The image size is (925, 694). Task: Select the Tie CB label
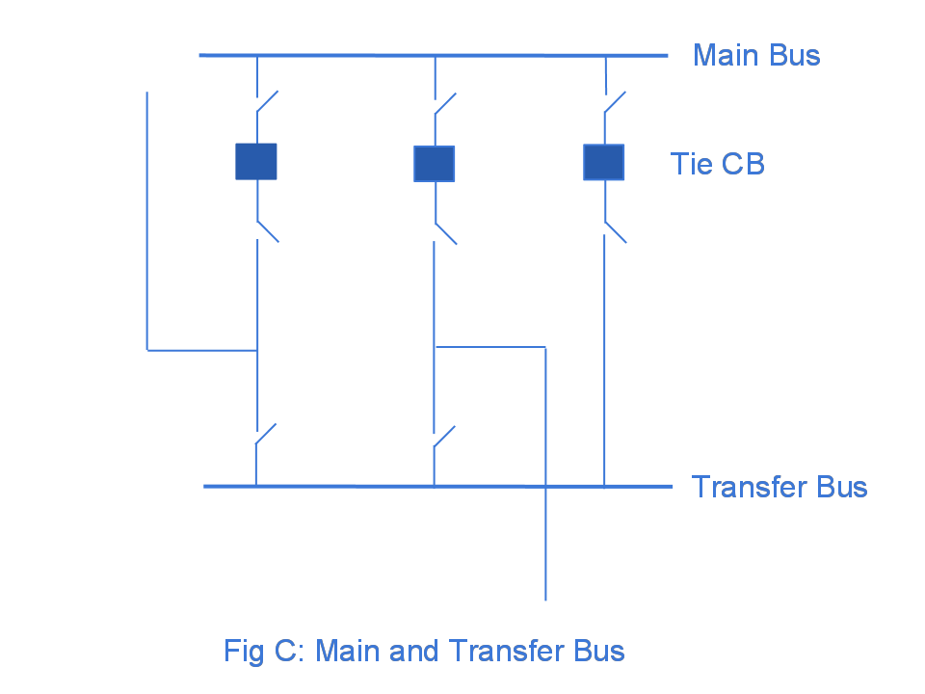(x=717, y=164)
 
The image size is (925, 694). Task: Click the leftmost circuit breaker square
(x=256, y=162)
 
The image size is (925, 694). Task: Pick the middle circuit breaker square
(x=435, y=164)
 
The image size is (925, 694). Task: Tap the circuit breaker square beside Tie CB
(x=604, y=162)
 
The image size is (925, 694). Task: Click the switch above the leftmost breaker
(x=267, y=102)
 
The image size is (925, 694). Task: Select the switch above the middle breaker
(x=444, y=104)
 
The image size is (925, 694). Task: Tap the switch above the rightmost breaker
(x=615, y=102)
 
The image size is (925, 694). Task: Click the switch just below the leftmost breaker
(x=267, y=230)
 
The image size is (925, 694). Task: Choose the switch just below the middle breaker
(x=445, y=233)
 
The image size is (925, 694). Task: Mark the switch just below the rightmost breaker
(x=615, y=232)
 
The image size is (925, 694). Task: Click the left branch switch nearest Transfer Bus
(x=266, y=435)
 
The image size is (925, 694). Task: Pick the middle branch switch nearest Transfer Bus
(x=444, y=437)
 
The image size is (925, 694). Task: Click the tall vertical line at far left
(x=146, y=222)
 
